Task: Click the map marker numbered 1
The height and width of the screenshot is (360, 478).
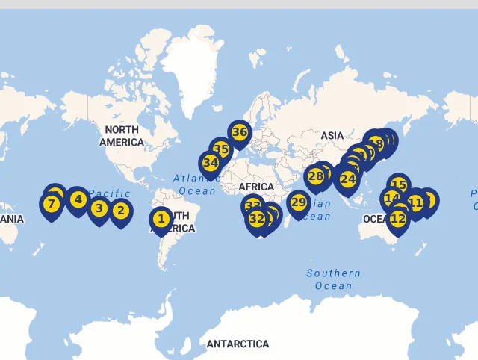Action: click(x=161, y=220)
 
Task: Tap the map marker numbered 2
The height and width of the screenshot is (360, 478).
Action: click(x=120, y=211)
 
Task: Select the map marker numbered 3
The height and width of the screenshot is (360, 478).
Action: click(x=99, y=209)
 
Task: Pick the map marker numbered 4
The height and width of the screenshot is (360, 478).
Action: click(x=77, y=199)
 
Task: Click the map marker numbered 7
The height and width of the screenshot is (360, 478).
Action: click(x=52, y=204)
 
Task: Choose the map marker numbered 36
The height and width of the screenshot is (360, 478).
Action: click(x=239, y=132)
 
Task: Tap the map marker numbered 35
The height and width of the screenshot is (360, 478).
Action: click(x=220, y=149)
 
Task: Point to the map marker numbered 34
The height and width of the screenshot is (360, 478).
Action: click(x=211, y=163)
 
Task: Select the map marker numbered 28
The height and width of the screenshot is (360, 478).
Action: click(x=316, y=177)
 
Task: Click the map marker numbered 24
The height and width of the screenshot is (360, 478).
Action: click(x=347, y=179)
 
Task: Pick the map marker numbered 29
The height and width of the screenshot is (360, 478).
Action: click(x=299, y=202)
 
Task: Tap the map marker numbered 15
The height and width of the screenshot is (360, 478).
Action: click(x=398, y=184)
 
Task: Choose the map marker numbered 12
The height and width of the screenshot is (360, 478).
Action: click(x=398, y=219)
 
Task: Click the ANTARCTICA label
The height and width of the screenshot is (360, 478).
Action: click(x=238, y=344)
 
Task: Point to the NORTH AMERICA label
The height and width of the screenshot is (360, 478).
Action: click(x=121, y=136)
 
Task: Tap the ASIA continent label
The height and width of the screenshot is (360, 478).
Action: click(x=332, y=135)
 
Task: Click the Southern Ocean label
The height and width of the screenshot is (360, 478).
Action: click(x=333, y=279)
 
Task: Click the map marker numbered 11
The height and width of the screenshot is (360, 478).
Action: click(x=415, y=202)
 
